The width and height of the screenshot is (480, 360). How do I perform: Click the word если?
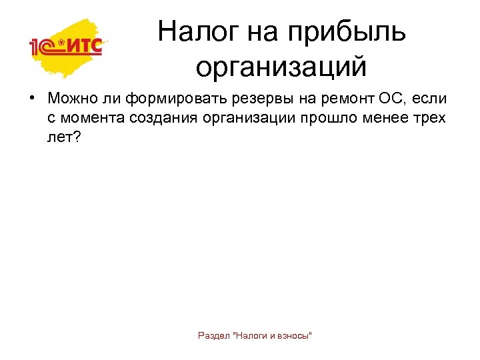tap(429, 99)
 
